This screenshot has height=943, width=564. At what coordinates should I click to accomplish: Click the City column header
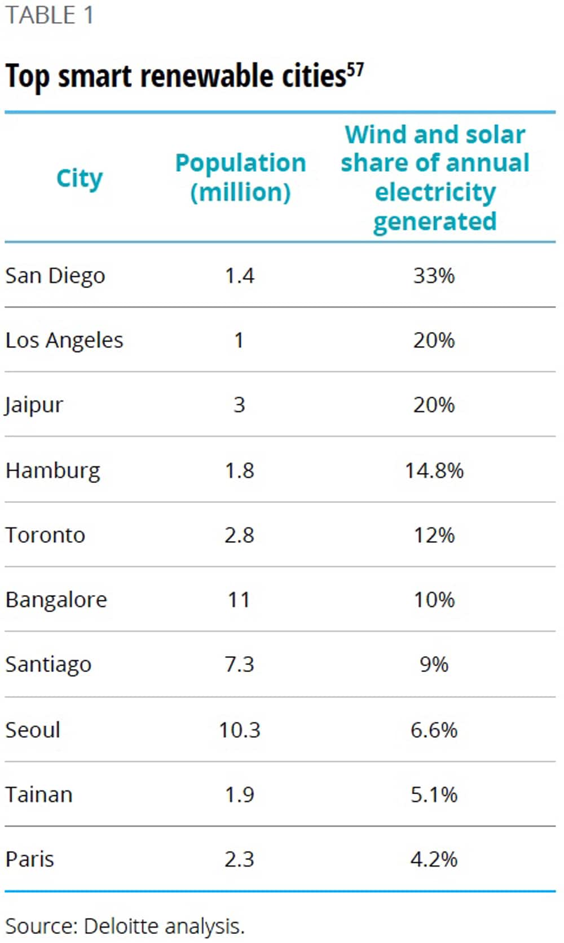tap(80, 179)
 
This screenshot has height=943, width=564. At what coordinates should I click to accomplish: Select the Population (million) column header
tap(240, 177)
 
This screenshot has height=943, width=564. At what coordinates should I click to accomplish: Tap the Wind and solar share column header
tap(435, 178)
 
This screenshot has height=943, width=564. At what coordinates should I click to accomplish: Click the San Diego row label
tap(55, 276)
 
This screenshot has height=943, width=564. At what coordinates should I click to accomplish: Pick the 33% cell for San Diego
tap(434, 276)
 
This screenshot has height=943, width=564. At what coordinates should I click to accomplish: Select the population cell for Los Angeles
tap(239, 340)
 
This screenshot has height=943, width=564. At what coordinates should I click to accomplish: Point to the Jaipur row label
tap(34, 405)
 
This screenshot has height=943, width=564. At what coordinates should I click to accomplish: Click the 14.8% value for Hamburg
tap(434, 470)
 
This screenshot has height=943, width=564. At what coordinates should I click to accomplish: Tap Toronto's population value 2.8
tap(239, 535)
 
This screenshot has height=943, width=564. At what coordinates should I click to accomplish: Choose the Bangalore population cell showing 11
tap(239, 599)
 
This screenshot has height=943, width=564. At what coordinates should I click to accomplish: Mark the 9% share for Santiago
tap(434, 664)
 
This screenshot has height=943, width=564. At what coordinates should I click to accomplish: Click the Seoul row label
tap(33, 730)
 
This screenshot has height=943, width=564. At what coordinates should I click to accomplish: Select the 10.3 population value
tap(239, 730)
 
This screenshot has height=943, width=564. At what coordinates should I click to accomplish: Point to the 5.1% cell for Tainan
tap(434, 795)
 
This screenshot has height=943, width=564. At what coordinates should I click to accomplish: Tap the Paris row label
tap(30, 860)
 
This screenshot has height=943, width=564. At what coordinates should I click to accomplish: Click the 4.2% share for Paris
tap(434, 860)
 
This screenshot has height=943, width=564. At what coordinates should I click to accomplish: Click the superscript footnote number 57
tap(355, 70)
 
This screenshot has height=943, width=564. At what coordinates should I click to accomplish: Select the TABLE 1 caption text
tap(49, 15)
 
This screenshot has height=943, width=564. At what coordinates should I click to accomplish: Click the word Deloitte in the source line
tap(121, 926)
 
